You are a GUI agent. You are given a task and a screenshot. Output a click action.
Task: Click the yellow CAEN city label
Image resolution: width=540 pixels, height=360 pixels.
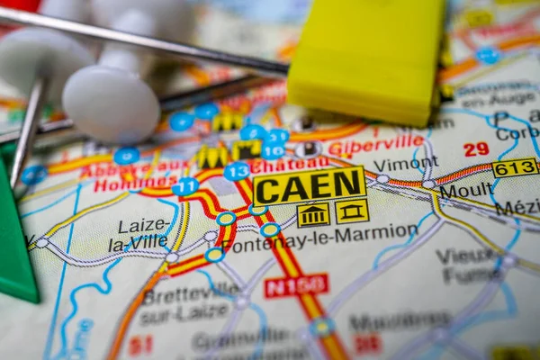pyautogui.click(x=309, y=186)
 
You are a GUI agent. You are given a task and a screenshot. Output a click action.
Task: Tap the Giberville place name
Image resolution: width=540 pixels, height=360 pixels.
pyautogui.click(x=376, y=144)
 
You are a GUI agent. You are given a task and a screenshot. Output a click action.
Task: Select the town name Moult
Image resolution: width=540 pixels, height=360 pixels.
pyautogui.click(x=466, y=190)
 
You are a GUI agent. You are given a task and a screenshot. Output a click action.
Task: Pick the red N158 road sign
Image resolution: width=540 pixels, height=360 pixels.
pyautogui.click(x=296, y=286)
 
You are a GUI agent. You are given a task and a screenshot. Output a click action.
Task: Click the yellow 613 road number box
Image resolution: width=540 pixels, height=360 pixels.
pyautogui.click(x=515, y=167)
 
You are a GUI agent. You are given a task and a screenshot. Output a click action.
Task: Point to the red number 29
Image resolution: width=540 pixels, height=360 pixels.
pyautogui.click(x=476, y=149)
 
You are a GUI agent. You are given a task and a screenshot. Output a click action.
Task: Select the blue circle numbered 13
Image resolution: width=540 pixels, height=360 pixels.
pyautogui.click(x=237, y=172)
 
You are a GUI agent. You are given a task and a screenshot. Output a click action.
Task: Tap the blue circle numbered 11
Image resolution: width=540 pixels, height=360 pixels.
pyautogui.click(x=185, y=187)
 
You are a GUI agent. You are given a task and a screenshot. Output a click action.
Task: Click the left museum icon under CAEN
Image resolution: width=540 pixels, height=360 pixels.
pyautogui.click(x=313, y=215)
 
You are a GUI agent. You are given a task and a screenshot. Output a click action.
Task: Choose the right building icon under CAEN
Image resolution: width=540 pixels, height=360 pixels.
pyautogui.click(x=352, y=211)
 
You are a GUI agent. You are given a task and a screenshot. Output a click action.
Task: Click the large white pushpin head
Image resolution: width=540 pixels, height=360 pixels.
pyautogui.click(x=111, y=103)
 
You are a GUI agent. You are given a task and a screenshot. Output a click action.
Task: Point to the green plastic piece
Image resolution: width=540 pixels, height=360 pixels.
pyautogui.click(x=14, y=233)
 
